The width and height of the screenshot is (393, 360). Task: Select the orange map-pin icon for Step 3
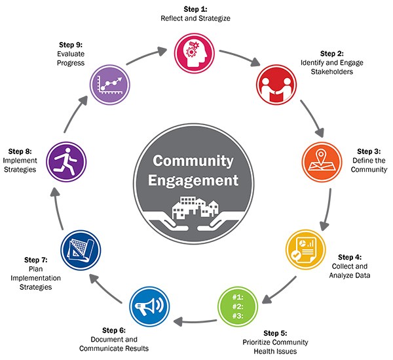(321, 161)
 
